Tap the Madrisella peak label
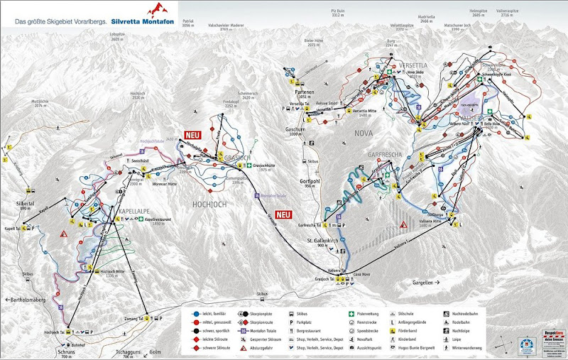pos(427,19)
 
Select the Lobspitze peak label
pos(118,34)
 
